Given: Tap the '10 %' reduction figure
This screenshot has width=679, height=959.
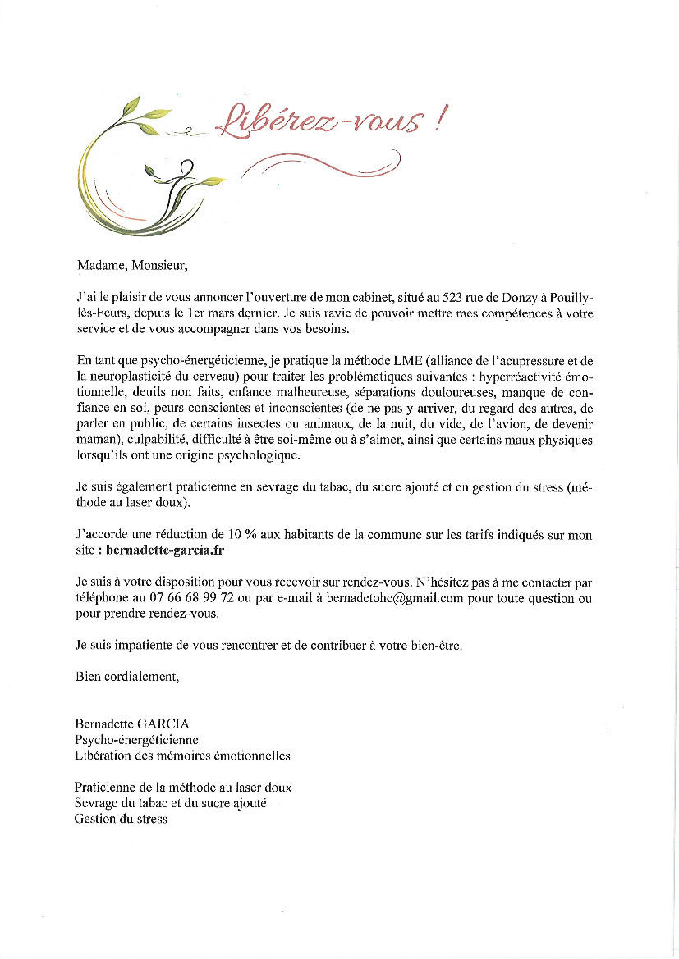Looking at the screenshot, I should (245, 536).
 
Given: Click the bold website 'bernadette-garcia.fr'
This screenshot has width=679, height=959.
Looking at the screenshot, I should (165, 551).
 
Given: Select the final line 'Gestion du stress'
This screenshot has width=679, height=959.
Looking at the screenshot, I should (121, 819).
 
